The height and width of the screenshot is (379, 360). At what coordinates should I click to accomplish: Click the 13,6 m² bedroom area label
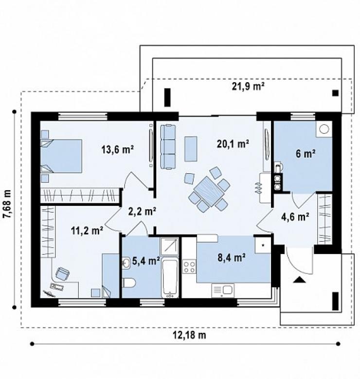[x=118, y=149]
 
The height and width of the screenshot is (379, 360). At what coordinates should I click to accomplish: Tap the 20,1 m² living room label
[x=233, y=144]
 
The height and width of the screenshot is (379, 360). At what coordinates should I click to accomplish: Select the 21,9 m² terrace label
[x=248, y=86]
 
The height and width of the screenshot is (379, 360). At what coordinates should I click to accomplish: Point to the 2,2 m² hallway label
[x=142, y=211]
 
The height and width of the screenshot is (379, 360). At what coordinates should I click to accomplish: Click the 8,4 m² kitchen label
[x=232, y=258]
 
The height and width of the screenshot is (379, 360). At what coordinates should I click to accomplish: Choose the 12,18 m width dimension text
[x=189, y=335]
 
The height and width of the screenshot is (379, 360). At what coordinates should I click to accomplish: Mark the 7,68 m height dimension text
[x=7, y=204]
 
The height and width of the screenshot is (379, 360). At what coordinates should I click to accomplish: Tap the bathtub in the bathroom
[x=170, y=278]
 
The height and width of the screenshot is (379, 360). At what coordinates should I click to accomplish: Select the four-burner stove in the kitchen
[x=189, y=266]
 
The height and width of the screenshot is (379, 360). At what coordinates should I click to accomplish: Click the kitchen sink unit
[x=223, y=290]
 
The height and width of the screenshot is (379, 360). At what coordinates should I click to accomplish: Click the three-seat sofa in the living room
[x=168, y=146]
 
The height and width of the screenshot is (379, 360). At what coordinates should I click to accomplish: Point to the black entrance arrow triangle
[x=299, y=280]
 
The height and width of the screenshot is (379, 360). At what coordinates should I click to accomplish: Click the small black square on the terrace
[x=335, y=93]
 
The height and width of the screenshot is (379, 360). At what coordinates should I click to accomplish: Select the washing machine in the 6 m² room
[x=324, y=129]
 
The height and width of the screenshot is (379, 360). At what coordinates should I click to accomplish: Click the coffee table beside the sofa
[x=191, y=149]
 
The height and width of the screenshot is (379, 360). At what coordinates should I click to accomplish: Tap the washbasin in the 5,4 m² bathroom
[x=126, y=263]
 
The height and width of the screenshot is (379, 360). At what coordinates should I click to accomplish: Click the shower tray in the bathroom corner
[x=169, y=246]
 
